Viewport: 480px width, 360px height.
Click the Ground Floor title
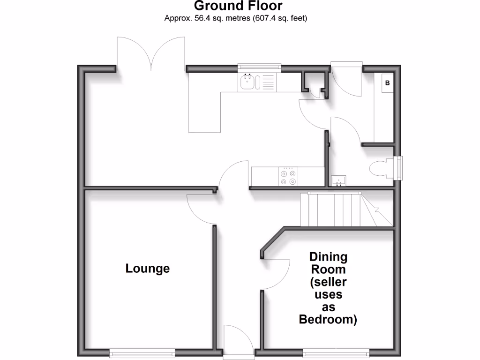(x=238, y=6)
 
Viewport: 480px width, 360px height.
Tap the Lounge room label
(x=147, y=269)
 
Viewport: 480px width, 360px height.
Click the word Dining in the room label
(x=328, y=257)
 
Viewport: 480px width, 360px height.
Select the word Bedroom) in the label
(x=328, y=320)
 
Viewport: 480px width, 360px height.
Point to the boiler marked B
(x=387, y=83)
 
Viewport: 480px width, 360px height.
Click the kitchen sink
(x=247, y=82)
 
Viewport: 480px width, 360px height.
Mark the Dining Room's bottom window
(x=335, y=352)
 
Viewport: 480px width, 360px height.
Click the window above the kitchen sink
(x=259, y=68)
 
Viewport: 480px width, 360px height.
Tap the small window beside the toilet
(x=399, y=168)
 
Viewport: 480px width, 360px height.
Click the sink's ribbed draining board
(x=268, y=82)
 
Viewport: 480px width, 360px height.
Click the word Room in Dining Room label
(x=328, y=270)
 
